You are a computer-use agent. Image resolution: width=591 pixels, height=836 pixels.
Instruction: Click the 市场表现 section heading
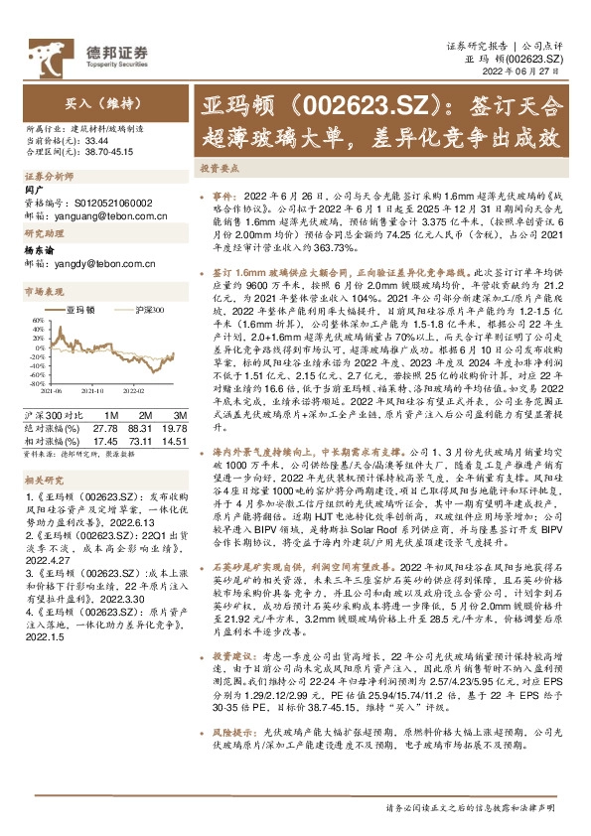[x=43, y=291]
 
